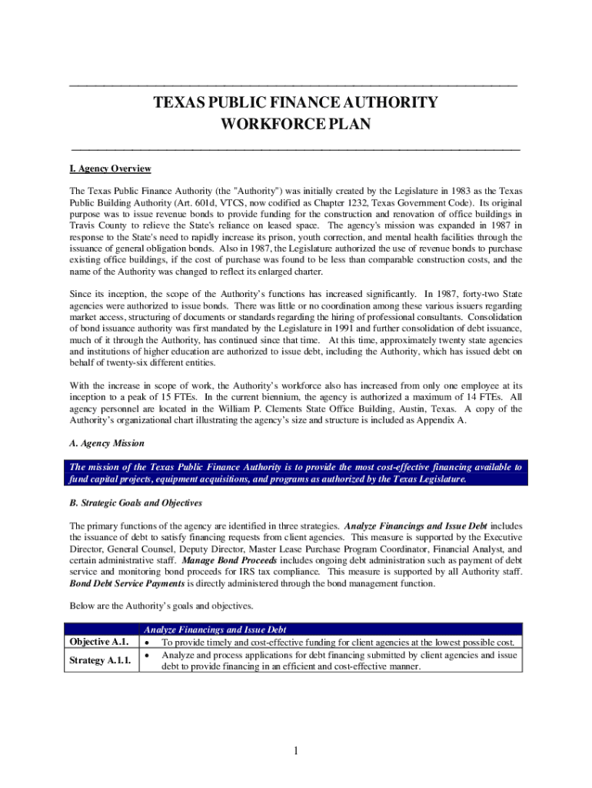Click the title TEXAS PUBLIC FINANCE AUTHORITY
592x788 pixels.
(x=296, y=103)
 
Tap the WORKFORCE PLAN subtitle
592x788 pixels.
(x=296, y=125)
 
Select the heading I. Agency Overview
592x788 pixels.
(x=110, y=169)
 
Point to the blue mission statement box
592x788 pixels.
(x=296, y=472)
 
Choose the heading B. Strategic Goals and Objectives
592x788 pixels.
(x=135, y=503)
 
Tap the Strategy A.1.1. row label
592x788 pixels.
(x=101, y=660)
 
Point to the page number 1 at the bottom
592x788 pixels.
(x=295, y=752)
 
